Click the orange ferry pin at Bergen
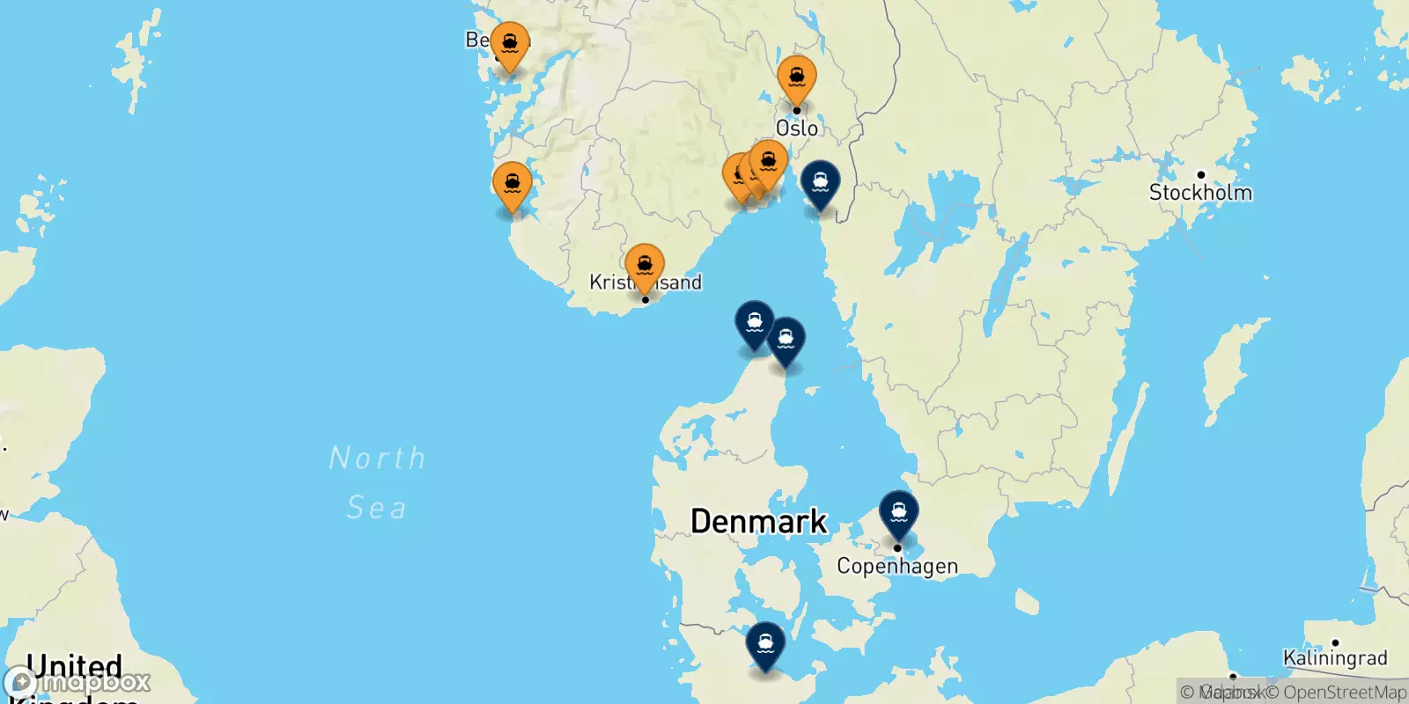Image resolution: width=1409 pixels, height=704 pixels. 510,44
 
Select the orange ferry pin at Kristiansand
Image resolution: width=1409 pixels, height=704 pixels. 645,267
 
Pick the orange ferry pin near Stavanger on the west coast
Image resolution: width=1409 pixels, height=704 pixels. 512,186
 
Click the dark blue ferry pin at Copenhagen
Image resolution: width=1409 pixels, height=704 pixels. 898,513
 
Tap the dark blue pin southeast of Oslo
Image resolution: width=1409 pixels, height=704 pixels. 820,183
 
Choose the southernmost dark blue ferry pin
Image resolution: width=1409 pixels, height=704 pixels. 765,645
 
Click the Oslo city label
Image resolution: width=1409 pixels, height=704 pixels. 797,128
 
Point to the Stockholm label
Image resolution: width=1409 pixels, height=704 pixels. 1199,193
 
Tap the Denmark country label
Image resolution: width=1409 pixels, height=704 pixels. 758,521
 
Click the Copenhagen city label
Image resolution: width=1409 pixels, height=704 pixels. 896,566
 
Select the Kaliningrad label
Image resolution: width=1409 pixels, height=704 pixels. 1334,658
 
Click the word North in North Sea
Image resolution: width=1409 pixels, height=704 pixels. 377,458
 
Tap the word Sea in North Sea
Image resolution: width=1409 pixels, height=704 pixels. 377,508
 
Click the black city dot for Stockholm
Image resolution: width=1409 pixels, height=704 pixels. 1200,174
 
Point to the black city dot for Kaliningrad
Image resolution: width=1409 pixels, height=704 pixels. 1335,642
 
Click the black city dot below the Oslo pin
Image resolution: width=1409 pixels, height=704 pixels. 797,111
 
